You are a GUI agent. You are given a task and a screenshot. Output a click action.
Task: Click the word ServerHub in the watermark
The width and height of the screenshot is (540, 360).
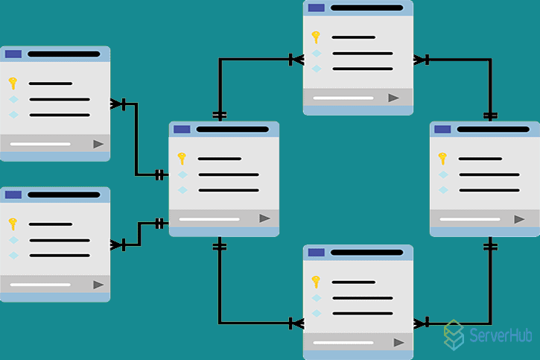[x=501, y=335]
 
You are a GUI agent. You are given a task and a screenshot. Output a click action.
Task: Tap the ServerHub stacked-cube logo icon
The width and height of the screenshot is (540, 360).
[x=454, y=335]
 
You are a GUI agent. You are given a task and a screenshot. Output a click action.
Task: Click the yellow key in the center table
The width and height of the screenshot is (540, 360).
[x=182, y=159]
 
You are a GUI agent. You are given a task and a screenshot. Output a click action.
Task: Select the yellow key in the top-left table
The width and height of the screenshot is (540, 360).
[x=13, y=83]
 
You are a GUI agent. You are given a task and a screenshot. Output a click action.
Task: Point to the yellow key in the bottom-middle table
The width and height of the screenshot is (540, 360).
[x=316, y=282]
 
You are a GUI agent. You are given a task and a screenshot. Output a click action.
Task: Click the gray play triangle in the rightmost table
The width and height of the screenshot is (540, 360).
[x=519, y=219]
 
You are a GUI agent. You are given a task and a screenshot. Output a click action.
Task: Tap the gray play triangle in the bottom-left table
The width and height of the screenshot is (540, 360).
[x=98, y=285]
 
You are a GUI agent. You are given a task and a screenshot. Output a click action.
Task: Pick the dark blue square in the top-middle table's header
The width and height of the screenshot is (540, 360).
[x=316, y=8]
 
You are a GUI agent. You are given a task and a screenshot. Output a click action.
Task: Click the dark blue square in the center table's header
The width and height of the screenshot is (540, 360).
[x=182, y=129]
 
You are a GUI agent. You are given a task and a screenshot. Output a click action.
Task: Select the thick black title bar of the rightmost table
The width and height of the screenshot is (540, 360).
[x=493, y=129]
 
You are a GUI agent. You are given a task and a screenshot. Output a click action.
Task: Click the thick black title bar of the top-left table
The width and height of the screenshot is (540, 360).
[x=64, y=54]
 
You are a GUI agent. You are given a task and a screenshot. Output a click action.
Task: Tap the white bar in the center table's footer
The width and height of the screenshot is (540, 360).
[x=209, y=219]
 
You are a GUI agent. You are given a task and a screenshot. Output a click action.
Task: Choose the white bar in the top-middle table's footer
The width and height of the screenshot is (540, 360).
[x=343, y=98]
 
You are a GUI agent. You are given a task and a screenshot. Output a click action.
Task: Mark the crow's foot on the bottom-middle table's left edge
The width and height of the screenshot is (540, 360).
[x=296, y=323]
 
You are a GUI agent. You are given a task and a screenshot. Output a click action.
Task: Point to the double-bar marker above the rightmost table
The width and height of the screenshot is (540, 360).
[x=490, y=116]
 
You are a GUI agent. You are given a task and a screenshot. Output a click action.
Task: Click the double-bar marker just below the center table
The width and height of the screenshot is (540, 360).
[x=220, y=246]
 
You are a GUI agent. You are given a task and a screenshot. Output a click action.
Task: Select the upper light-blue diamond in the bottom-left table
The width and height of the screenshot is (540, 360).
[x=13, y=240]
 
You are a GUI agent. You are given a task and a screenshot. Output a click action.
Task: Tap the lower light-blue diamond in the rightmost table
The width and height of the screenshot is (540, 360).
[x=443, y=190]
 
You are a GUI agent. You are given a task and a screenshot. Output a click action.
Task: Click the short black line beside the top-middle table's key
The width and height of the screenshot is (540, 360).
[x=354, y=37]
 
